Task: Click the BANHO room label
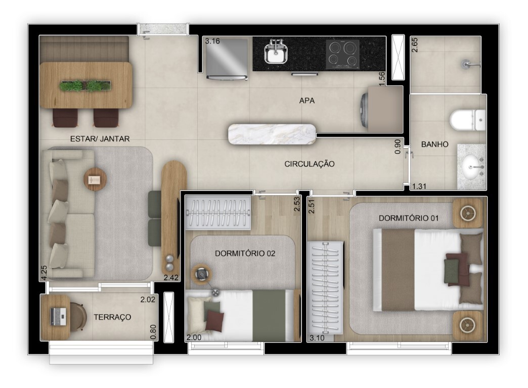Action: (435, 144)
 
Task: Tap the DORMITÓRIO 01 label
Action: (409, 218)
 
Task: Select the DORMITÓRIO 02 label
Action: (245, 253)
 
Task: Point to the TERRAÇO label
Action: (112, 317)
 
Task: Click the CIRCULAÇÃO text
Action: (310, 164)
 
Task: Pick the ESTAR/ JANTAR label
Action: (100, 138)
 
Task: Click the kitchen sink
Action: (275, 53)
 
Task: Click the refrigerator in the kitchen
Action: (227, 59)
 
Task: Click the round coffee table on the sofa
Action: (95, 178)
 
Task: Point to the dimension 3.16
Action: (212, 41)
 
